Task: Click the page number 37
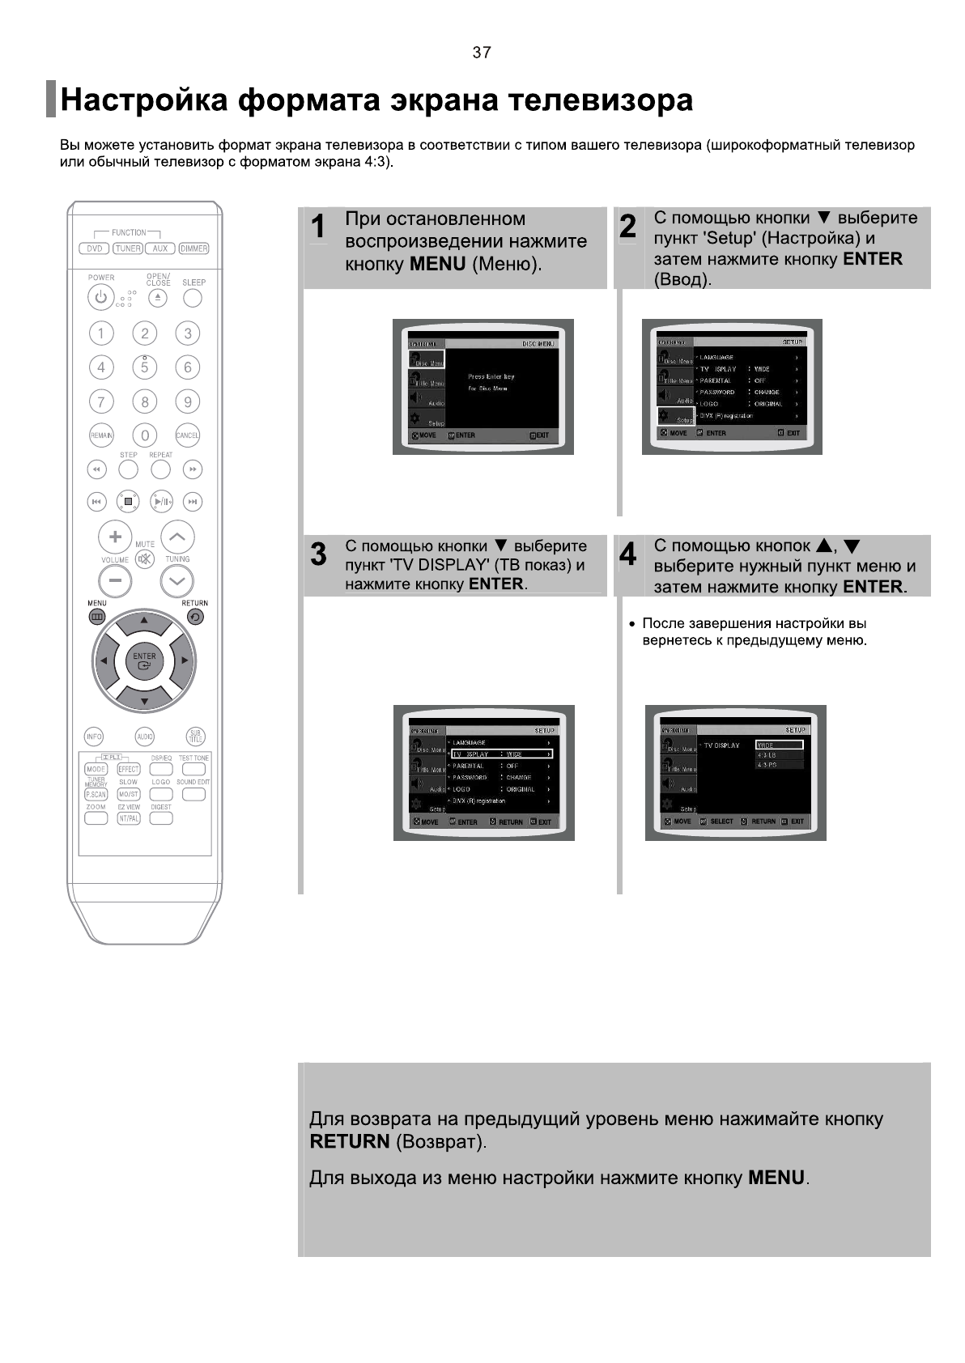(x=482, y=53)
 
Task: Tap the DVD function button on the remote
(x=95, y=248)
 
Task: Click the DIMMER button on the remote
(x=193, y=248)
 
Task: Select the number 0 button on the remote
(x=145, y=435)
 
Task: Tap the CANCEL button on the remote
(x=188, y=435)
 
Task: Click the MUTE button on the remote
(x=145, y=559)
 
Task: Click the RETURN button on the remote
(x=195, y=617)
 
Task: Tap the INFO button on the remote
(x=95, y=737)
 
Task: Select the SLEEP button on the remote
(x=193, y=298)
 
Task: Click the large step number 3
(x=319, y=554)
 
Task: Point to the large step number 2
(x=627, y=227)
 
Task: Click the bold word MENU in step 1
(x=437, y=264)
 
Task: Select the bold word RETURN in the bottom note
(x=350, y=1141)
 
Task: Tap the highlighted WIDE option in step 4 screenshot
(x=779, y=745)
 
